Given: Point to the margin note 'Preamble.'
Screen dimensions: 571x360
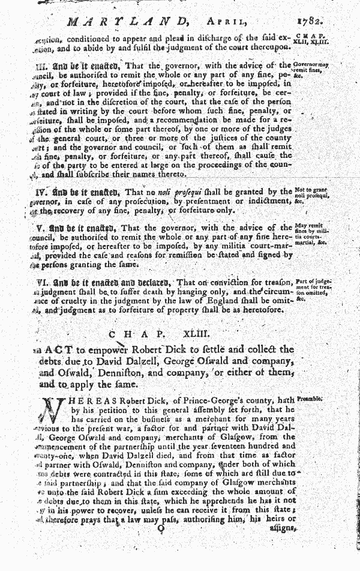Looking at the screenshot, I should pyautogui.click(x=311, y=397).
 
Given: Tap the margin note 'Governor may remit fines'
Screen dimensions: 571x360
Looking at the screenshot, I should pyautogui.click(x=313, y=68).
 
